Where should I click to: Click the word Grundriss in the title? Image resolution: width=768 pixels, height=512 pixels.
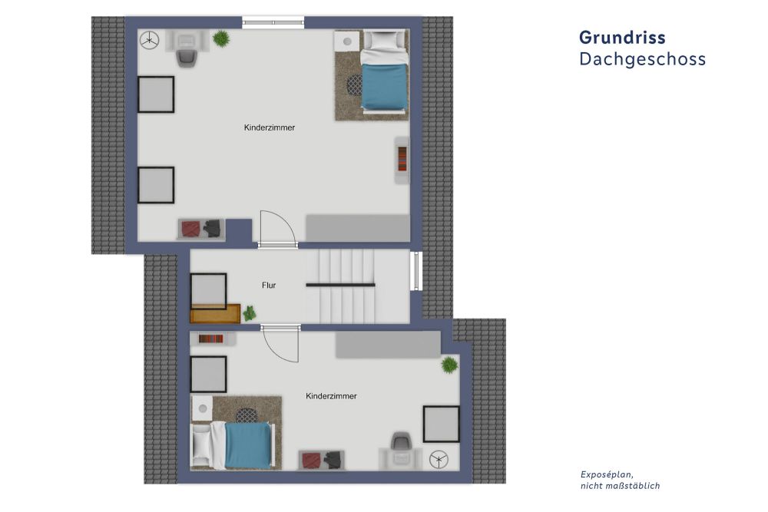pos(622,38)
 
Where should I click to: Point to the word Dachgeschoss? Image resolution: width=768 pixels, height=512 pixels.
pos(642,60)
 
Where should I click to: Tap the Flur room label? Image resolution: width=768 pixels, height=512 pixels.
pos(268,286)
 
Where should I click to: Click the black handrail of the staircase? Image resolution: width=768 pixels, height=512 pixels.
pos(341,285)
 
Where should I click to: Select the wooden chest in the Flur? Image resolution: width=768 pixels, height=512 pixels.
pos(215,314)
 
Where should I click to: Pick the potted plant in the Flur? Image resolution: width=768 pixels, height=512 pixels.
pos(249,313)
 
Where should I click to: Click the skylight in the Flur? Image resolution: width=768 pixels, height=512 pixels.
pos(208,291)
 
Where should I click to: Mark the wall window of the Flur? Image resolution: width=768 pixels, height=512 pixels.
pos(416,271)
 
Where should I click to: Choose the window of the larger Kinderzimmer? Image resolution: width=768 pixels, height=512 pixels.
pos(273,23)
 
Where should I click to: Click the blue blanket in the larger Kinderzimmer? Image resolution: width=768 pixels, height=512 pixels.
pos(383,87)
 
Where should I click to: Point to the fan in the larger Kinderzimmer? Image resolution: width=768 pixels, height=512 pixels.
pos(150,39)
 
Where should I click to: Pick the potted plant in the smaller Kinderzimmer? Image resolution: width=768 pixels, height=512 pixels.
pos(449,365)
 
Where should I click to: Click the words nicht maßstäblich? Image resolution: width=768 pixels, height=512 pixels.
pos(620,486)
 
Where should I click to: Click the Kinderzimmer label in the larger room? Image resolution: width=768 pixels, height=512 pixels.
pos(270,127)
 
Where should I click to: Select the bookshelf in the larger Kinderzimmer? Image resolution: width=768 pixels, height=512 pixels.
pos(402,160)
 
